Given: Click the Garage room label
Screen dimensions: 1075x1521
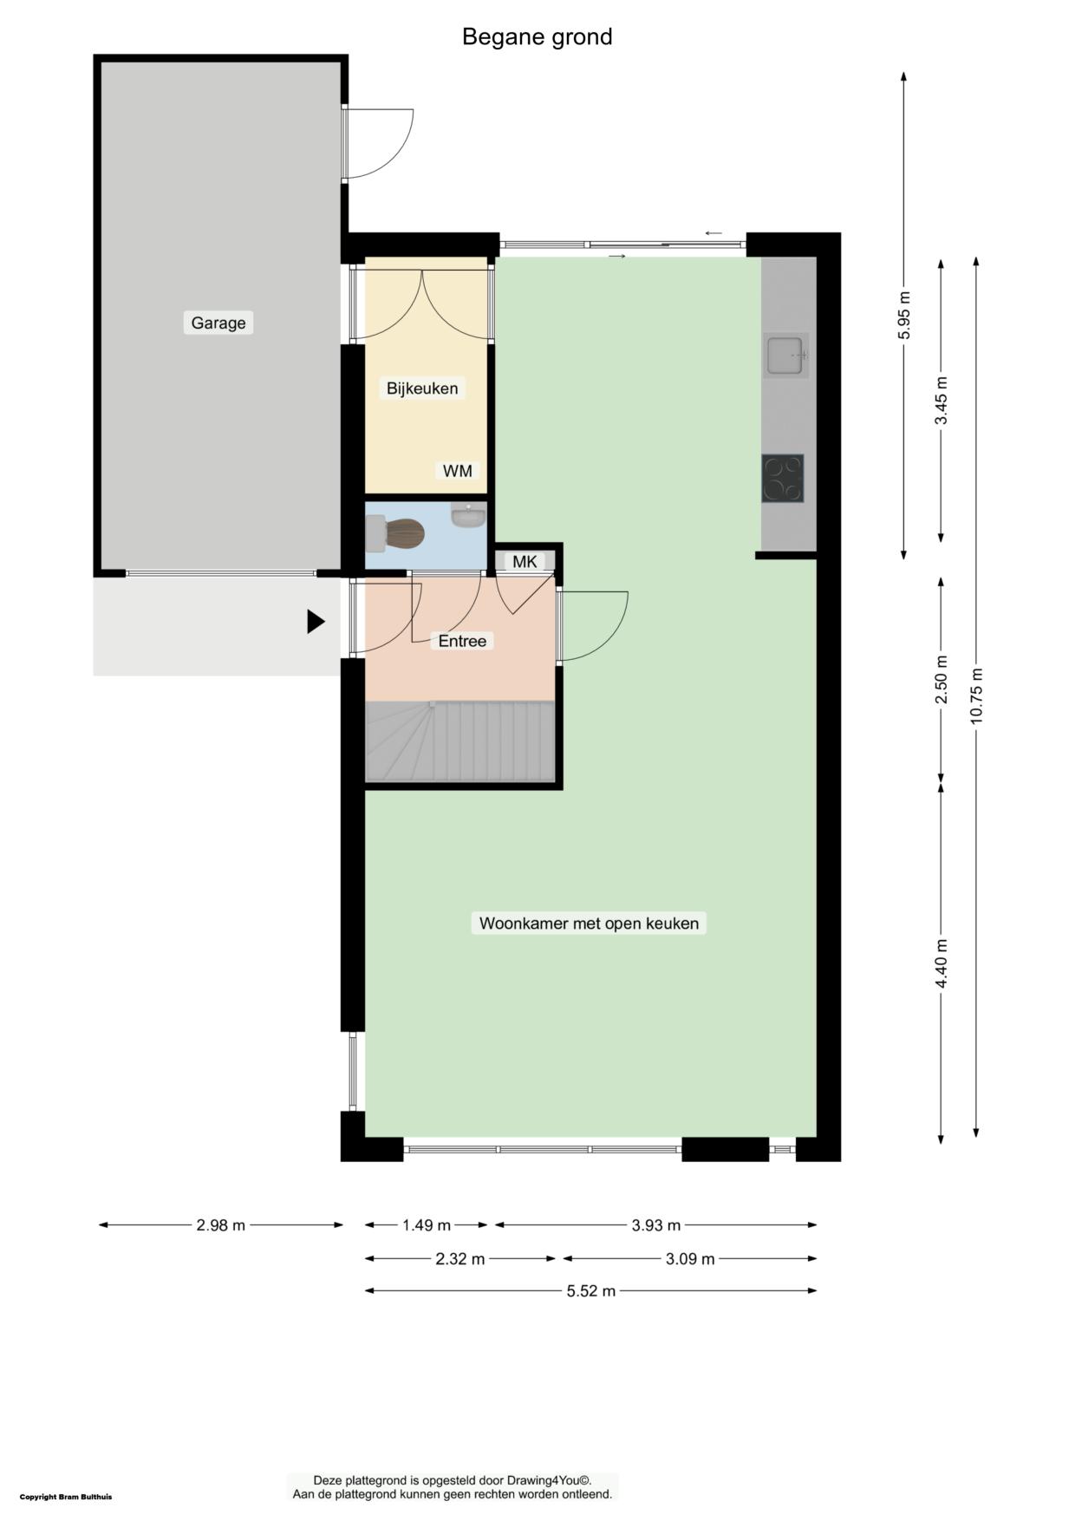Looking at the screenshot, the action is pyautogui.click(x=218, y=323).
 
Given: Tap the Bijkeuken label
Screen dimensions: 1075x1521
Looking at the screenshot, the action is pyautogui.click(x=422, y=388).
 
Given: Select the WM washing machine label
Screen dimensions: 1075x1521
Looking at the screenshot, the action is pyautogui.click(x=458, y=471).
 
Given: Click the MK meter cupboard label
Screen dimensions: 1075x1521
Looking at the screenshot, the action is pyautogui.click(x=524, y=562).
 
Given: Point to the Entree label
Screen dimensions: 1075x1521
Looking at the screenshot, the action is pyautogui.click(x=462, y=641).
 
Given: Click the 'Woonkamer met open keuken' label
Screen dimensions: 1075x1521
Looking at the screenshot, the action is pyautogui.click(x=589, y=924).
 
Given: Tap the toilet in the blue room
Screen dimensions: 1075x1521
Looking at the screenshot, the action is pyautogui.click(x=394, y=533).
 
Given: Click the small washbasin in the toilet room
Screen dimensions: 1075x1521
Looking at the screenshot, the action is pyautogui.click(x=469, y=515).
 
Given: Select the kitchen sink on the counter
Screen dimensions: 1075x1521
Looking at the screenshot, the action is pyautogui.click(x=787, y=355).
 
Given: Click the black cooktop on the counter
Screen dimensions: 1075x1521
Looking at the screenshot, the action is pyautogui.click(x=783, y=479).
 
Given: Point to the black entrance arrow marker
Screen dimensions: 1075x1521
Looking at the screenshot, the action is pyautogui.click(x=316, y=622).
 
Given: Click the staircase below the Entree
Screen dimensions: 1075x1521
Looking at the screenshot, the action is pyautogui.click(x=460, y=741).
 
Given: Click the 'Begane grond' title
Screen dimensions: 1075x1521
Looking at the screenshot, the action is pyautogui.click(x=537, y=36).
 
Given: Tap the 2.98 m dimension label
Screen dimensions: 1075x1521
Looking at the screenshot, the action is pyautogui.click(x=221, y=1225).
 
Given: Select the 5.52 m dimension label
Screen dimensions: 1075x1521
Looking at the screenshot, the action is pyautogui.click(x=591, y=1291).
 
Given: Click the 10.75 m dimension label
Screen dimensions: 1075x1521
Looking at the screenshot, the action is pyautogui.click(x=976, y=695).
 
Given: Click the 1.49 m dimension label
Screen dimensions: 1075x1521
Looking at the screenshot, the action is pyautogui.click(x=427, y=1225).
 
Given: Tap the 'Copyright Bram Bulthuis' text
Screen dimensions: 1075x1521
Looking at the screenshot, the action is pyautogui.click(x=66, y=1497).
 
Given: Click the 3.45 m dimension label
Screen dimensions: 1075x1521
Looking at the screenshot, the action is pyautogui.click(x=941, y=400).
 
